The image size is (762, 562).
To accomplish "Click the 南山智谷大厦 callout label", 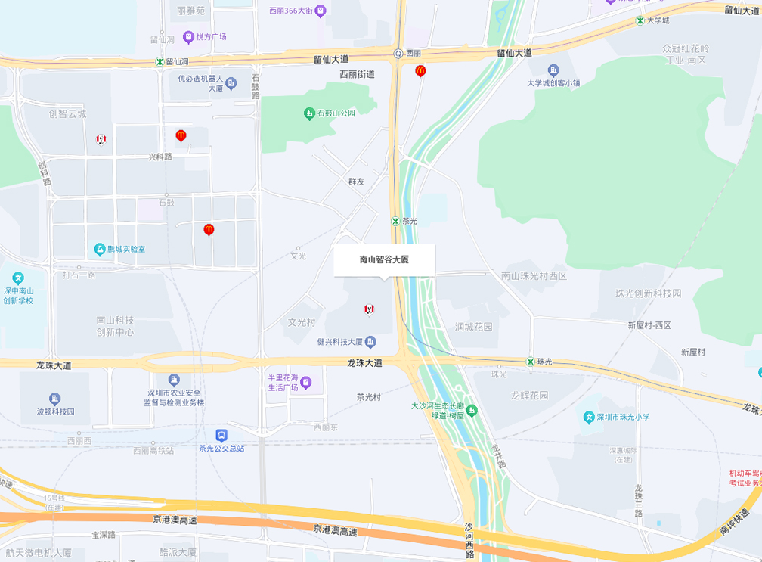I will click(x=385, y=259).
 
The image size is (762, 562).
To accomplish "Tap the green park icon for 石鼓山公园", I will click(x=309, y=113).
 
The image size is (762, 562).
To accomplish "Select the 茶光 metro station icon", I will click(x=395, y=221).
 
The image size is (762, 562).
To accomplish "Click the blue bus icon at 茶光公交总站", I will click(x=221, y=435).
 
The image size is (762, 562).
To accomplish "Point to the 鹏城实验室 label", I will click(x=126, y=249).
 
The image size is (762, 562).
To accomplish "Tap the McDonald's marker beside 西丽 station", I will click(x=420, y=71).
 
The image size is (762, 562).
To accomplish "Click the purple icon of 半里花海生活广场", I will click(x=306, y=383).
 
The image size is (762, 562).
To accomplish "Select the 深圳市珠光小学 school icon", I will click(x=589, y=418).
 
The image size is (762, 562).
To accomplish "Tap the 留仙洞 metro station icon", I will click(x=160, y=61).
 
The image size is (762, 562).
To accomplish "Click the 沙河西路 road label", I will click(x=469, y=540).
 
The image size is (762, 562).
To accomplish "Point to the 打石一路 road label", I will click(x=79, y=275).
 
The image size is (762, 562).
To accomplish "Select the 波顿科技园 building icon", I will click(x=54, y=399).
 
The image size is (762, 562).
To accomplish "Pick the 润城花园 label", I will click(x=474, y=327).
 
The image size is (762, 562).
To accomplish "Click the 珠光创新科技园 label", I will click(x=648, y=293).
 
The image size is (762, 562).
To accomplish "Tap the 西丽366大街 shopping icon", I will click(x=321, y=11).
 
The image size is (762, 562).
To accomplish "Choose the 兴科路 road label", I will click(x=160, y=157).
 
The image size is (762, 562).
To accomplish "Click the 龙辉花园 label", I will click(x=529, y=395).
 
